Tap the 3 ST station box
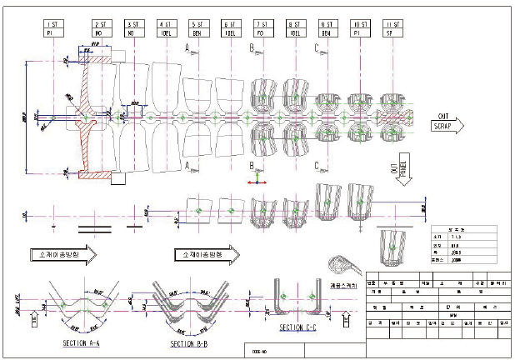133,31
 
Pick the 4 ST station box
165,31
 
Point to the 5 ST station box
197,31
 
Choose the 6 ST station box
228,31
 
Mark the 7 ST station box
262,31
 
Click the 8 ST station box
294,31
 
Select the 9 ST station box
326,31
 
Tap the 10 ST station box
357,31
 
